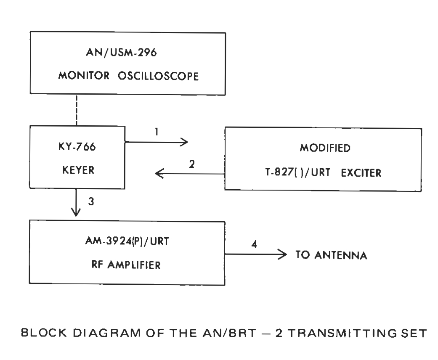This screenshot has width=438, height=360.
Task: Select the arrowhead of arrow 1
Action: coord(183,142)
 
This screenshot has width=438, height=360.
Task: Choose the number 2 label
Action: coord(192,164)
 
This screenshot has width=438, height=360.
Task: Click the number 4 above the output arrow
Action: coord(253,244)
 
